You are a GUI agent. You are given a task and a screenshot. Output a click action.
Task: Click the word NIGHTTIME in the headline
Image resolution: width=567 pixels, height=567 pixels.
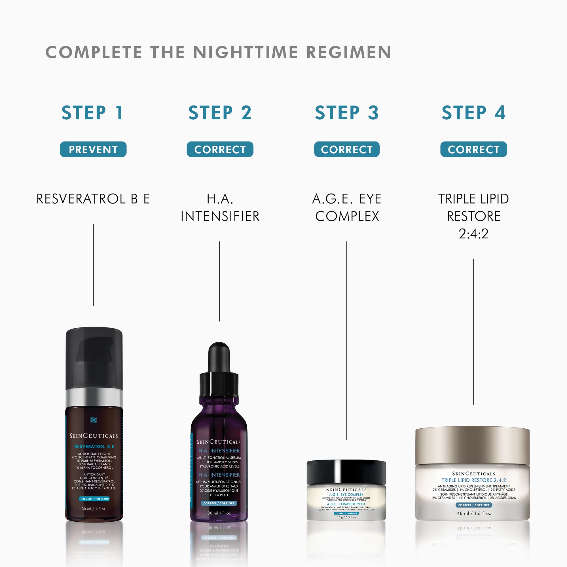(245, 52)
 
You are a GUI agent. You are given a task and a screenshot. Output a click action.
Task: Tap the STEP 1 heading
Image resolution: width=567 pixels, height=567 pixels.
(92, 113)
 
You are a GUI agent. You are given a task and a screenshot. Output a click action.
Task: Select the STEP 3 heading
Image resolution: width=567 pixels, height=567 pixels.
(347, 113)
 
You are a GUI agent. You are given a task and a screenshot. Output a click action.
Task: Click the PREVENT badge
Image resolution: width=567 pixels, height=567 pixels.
(93, 149)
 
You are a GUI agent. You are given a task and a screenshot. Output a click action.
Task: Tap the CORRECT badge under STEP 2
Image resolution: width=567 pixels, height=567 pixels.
(220, 149)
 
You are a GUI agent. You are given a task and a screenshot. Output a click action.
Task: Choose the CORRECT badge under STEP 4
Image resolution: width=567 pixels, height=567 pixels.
(473, 149)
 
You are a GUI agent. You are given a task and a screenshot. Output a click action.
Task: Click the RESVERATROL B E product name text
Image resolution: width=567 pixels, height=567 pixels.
(93, 199)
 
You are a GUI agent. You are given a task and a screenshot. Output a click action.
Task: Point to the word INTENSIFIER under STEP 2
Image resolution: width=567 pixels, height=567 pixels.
(220, 216)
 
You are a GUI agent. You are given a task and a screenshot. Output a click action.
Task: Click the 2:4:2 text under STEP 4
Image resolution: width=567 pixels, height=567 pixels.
(473, 234)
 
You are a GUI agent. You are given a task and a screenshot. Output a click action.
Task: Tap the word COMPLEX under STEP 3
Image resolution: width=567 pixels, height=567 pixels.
(347, 216)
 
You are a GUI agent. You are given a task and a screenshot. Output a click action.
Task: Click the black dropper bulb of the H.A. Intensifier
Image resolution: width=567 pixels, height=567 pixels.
(219, 357)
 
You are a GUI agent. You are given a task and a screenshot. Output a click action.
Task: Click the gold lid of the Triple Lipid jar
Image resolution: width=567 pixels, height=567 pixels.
(472, 445)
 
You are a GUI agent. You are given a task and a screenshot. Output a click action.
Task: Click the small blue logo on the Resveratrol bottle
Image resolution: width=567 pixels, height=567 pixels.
(94, 420)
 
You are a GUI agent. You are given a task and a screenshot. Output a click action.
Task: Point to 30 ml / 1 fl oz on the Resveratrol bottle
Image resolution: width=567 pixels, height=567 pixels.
(93, 509)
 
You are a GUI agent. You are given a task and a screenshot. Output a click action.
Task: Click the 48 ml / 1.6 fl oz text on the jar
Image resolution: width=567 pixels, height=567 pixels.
(474, 513)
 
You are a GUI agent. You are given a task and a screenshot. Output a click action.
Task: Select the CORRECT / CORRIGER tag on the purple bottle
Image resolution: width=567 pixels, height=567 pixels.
(219, 503)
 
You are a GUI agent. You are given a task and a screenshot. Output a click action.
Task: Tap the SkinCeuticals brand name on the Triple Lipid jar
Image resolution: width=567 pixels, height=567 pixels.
(473, 474)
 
